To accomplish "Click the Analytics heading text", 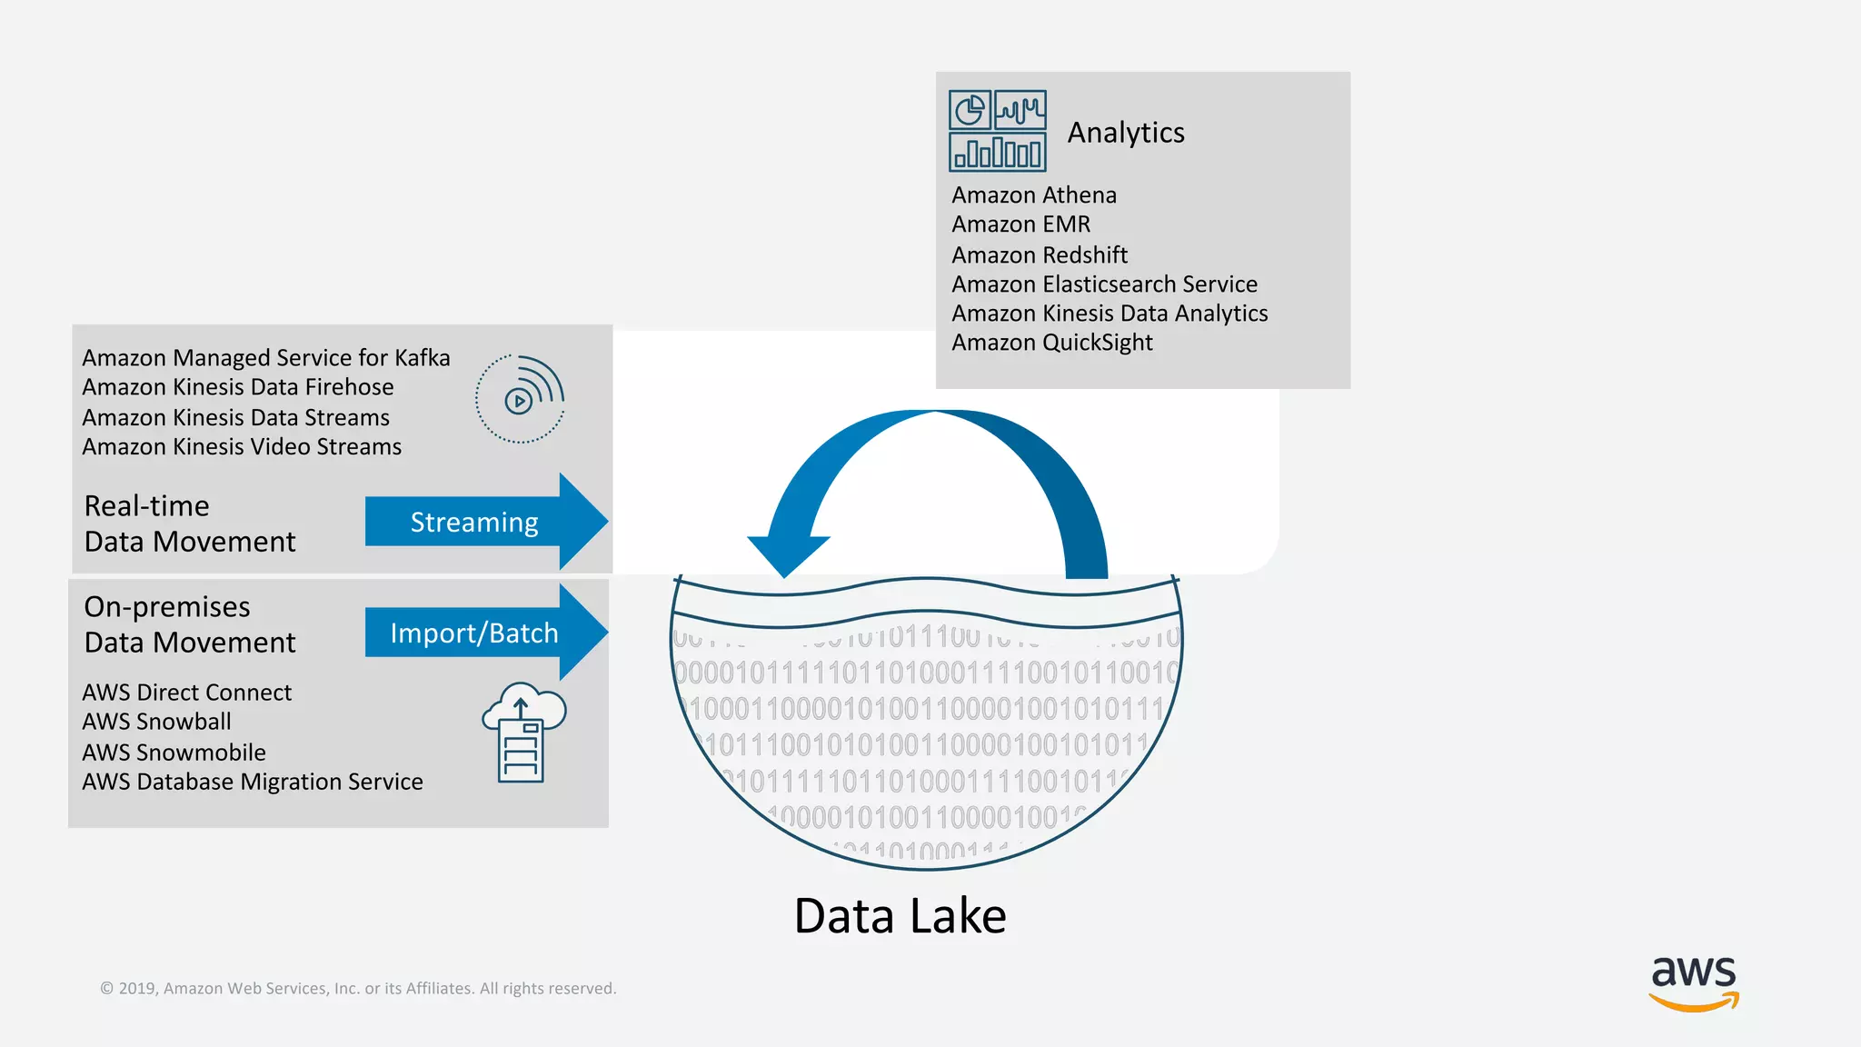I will (x=1125, y=133).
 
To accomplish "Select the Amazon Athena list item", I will (x=1034, y=195).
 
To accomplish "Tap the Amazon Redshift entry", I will (x=1040, y=255).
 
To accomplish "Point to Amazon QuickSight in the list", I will (x=1052, y=343).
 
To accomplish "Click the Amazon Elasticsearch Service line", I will (x=1104, y=284).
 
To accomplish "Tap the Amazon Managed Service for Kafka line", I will (x=266, y=358).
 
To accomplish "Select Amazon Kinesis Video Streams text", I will (x=242, y=447).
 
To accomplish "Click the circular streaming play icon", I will (x=520, y=399).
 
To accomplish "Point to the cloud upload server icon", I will (x=523, y=733).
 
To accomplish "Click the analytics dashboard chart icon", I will (x=998, y=131).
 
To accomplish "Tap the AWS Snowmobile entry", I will (x=174, y=753).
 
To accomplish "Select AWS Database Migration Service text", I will (x=253, y=783).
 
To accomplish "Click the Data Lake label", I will (x=900, y=916).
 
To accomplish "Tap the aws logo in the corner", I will (x=1694, y=982).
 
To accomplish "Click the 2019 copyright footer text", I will (x=358, y=989).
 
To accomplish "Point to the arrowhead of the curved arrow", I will (x=787, y=554).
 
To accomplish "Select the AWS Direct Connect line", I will (x=187, y=693).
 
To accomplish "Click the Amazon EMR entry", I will (x=1020, y=224).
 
